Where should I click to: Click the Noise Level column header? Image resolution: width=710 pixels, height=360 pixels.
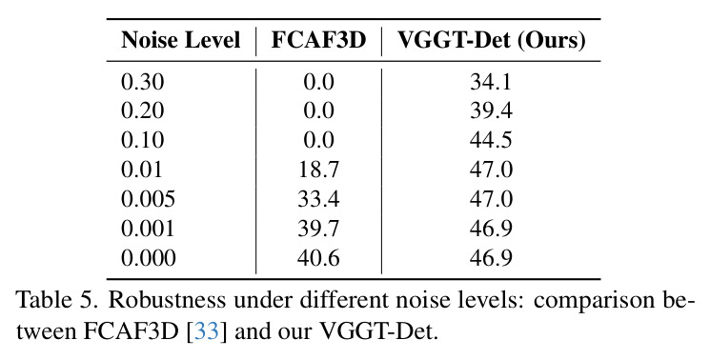(x=181, y=40)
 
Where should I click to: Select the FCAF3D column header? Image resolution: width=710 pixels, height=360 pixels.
(x=318, y=40)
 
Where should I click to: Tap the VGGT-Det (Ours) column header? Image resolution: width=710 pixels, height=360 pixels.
(x=492, y=41)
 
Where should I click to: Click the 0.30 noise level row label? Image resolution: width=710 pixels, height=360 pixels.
(x=143, y=82)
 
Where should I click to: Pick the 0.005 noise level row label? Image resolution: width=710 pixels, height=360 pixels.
(x=148, y=199)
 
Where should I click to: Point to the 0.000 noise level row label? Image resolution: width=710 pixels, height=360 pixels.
(x=148, y=258)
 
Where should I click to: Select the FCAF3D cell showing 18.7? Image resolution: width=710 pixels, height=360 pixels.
(x=318, y=170)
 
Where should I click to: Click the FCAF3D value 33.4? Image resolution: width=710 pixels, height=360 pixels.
(x=318, y=199)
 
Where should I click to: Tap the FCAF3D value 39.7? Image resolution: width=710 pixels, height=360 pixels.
(x=318, y=229)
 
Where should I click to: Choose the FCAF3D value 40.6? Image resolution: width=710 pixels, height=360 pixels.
(x=318, y=258)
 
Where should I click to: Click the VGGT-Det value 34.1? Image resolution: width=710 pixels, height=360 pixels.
(x=492, y=82)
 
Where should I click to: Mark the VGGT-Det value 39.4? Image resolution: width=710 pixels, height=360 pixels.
(x=492, y=110)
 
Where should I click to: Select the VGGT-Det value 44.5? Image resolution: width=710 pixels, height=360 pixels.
(x=492, y=140)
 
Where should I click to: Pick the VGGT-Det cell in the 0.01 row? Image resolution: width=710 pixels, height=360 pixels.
(x=492, y=170)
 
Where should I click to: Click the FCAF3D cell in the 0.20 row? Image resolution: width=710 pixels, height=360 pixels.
(x=318, y=110)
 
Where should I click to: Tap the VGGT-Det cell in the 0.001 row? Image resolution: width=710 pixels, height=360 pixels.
(x=492, y=229)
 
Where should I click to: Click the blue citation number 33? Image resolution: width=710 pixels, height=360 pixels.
(x=207, y=332)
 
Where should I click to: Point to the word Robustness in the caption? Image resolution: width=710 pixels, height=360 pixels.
(x=167, y=300)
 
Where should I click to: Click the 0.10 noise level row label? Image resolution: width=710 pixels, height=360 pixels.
(x=143, y=140)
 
